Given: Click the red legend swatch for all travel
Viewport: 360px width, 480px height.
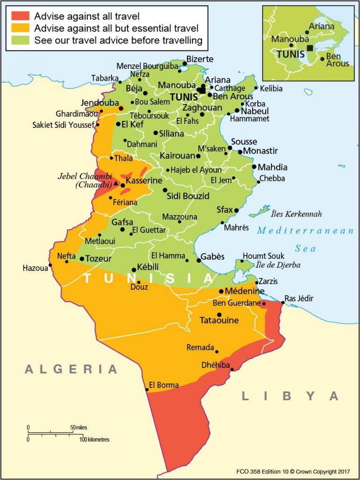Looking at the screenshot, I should point(21,16).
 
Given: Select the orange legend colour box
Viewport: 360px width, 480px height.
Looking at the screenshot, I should point(21,29).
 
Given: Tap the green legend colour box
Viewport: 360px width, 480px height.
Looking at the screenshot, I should point(21,40).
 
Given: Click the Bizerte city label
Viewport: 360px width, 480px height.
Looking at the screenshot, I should point(200,59).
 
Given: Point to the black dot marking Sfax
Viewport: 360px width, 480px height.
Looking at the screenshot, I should point(236,210).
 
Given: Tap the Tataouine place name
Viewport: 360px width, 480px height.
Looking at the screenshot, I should point(219,321).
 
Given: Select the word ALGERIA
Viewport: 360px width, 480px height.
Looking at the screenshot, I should point(71,369).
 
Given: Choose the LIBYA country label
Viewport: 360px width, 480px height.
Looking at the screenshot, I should point(290,396).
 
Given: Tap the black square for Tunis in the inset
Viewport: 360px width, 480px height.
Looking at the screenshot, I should point(310,48).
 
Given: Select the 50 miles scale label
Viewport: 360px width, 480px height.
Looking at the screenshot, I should point(78,427).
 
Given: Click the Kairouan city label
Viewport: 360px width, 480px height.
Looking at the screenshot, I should point(177,156).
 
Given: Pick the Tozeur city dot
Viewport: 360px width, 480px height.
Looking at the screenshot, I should point(82,259).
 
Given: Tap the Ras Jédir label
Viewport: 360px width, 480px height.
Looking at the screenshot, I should point(299,299).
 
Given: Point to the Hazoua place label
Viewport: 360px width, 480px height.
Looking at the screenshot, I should point(35,268).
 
